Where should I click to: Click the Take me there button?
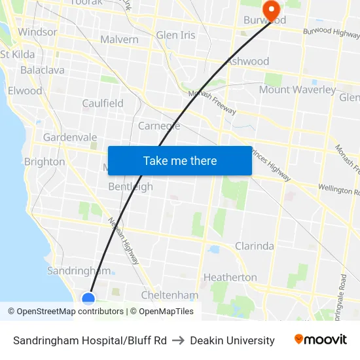coord(180,160)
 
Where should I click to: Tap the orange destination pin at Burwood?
coord(270,9)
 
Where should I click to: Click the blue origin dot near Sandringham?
coord(88,299)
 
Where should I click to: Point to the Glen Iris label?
coord(175,35)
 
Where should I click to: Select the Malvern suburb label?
coord(119,39)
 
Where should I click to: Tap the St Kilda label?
coord(18,54)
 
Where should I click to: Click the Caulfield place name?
coord(103,103)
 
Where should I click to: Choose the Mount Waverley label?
coord(297,90)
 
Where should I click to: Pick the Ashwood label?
coord(247,62)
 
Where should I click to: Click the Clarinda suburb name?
coord(255,246)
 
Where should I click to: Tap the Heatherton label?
coord(230,277)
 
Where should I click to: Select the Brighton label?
coord(45,162)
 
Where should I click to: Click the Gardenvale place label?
coord(70,137)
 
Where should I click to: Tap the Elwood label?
coord(25,91)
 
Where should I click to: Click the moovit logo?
coord(320,340)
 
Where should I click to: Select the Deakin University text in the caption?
coord(232,340)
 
